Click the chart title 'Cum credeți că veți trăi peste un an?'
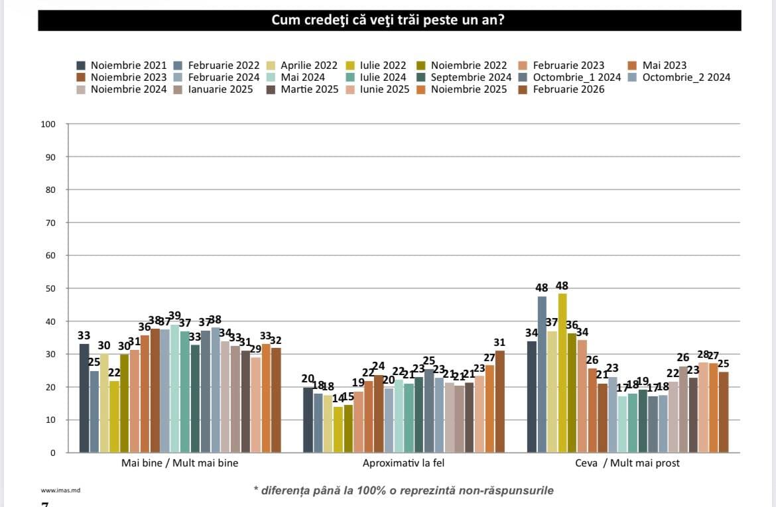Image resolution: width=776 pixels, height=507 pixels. [389, 21]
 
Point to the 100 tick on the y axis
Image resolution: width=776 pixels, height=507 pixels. [52, 125]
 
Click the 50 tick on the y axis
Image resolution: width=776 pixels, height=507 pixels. [52, 289]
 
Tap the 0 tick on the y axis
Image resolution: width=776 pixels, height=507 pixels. [54, 453]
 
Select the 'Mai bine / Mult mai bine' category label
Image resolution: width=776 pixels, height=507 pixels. [180, 463]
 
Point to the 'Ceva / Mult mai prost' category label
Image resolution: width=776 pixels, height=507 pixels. [627, 463]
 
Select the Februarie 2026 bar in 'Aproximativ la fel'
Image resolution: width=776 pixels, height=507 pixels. [499, 402]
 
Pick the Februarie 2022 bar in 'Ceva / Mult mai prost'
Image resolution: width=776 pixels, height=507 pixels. [542, 374]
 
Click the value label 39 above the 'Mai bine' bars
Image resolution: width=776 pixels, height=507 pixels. [174, 315]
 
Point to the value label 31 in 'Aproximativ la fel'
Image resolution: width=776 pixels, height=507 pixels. [499, 343]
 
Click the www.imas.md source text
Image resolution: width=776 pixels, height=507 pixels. [57, 491]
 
